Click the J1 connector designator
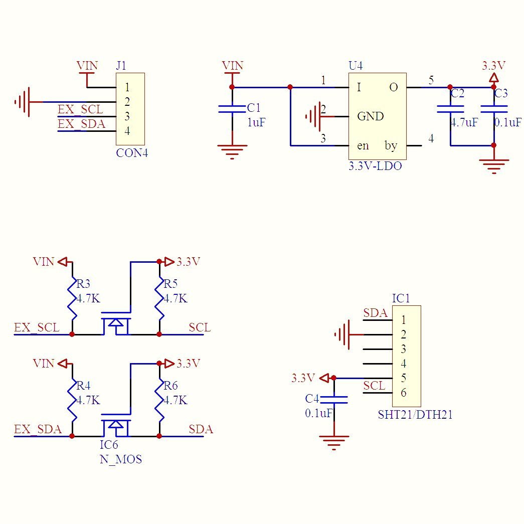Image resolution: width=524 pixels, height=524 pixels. [121, 66]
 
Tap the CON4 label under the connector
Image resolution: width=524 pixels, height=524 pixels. [132, 153]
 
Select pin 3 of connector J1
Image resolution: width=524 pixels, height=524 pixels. [127, 117]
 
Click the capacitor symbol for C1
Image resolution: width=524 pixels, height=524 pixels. [232, 109]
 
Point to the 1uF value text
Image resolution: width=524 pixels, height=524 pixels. [256, 122]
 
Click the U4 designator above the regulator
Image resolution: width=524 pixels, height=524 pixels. [356, 66]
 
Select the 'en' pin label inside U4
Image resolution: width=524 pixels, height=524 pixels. [363, 146]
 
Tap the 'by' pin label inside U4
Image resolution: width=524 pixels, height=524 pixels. [391, 146]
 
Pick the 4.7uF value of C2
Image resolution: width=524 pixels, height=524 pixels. [464, 122]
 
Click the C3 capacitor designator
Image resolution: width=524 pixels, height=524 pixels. [500, 93]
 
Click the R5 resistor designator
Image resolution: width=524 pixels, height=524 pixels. [171, 284]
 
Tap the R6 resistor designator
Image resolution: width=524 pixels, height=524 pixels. [170, 386]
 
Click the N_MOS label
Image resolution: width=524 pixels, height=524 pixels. [120, 459]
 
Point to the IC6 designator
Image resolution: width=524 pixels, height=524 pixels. [109, 445]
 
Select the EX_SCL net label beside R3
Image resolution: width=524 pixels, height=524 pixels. [37, 328]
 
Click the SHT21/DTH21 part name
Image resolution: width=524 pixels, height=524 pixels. [415, 415]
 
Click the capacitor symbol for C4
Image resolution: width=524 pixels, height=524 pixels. [333, 399]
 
